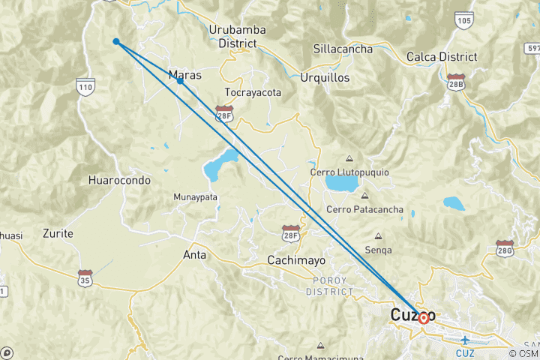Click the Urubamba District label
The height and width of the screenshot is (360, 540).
click(238, 37)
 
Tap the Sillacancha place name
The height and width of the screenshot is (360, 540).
click(343, 49)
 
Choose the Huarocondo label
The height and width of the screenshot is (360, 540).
click(119, 180)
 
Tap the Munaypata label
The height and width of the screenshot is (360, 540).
click(195, 196)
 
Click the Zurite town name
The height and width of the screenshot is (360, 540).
click(58, 233)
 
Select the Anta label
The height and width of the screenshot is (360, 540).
click(194, 254)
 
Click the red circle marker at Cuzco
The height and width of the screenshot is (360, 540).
click(424, 318)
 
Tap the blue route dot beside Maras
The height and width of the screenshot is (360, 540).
click(180, 81)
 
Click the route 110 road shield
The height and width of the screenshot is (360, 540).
click(85, 88)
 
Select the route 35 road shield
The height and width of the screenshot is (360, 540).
click(85, 277)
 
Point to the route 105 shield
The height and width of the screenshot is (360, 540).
click(463, 20)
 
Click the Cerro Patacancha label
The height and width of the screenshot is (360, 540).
click(365, 209)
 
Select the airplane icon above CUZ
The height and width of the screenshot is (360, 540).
click(465, 340)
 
